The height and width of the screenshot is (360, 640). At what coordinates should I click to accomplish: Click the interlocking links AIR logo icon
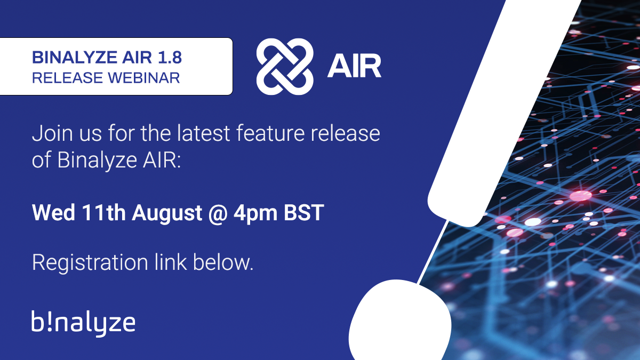coord(285,67)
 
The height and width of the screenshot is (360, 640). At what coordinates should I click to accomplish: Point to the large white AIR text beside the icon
coord(354,66)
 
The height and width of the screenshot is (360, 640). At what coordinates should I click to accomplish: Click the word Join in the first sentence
coord(52,134)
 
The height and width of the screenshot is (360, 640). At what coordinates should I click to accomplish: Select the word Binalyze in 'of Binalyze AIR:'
coord(97,161)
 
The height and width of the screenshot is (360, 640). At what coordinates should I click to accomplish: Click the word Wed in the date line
coord(53,213)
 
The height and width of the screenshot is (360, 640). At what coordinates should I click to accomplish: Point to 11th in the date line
coord(103,213)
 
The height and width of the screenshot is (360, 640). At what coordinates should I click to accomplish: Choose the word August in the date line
coord(167,214)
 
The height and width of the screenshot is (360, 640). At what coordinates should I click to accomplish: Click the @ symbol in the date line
coord(218,214)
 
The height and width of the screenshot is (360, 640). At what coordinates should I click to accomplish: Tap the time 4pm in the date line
coord(255,214)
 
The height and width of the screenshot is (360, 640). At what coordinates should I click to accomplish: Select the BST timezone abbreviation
coord(303,213)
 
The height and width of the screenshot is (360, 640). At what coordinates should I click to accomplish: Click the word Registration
coord(90,263)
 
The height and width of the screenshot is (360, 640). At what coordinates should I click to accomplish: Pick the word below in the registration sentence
coord(223,262)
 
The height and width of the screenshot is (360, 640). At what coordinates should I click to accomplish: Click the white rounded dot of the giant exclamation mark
coord(400,320)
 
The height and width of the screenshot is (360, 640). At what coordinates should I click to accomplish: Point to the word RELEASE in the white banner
coord(67,78)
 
